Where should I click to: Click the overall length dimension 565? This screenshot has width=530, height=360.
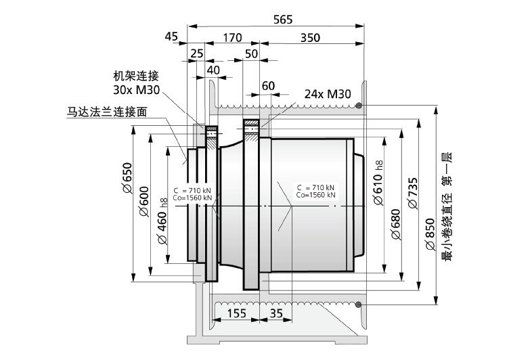point(283,20)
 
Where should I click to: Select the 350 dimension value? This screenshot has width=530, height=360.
point(310,37)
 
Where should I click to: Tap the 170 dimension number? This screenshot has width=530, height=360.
point(232,37)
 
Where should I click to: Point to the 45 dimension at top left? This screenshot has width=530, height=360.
point(171,36)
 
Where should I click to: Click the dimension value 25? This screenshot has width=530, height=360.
point(197,53)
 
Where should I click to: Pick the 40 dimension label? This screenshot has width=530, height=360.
point(213,70)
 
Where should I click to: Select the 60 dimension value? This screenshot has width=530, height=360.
point(268,86)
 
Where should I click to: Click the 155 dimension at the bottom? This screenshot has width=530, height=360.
point(236,313)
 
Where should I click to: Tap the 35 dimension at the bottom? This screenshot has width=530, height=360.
point(276,313)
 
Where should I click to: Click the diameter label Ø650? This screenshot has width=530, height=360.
point(127,178)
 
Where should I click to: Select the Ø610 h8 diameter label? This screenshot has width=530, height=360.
point(378,183)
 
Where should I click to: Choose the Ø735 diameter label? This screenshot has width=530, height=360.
point(413,194)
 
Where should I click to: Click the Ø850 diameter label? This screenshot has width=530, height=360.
point(430,234)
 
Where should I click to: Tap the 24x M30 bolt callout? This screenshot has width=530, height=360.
point(328,94)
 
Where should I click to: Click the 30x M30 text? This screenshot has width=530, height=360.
point(136,89)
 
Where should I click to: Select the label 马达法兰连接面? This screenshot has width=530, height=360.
point(107,111)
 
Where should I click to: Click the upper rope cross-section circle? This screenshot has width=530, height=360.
point(359,106)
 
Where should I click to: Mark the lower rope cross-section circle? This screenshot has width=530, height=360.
point(359,305)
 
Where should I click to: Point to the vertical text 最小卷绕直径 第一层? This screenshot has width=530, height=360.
point(447,206)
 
